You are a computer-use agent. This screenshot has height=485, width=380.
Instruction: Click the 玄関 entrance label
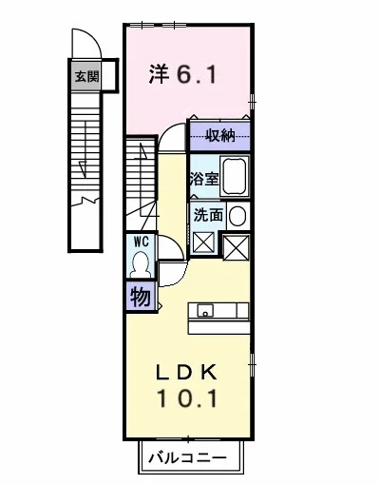(x=86, y=77)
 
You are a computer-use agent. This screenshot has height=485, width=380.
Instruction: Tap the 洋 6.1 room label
(x=182, y=74)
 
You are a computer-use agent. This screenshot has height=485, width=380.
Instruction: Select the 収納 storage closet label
(x=220, y=136)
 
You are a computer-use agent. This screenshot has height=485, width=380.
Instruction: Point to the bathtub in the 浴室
(x=235, y=176)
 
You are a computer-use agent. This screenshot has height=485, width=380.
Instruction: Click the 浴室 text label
(x=204, y=179)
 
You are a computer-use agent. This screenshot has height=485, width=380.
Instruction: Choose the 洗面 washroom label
(x=208, y=215)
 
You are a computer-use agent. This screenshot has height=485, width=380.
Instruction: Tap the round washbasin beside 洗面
(x=237, y=216)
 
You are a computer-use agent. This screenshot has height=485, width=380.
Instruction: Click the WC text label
(x=142, y=242)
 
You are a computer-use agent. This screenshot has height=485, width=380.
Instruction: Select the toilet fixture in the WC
(x=141, y=264)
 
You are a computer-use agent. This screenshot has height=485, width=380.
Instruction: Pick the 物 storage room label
(x=141, y=297)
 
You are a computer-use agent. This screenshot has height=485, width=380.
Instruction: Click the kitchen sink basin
(x=205, y=310)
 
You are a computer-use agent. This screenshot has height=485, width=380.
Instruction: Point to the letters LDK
(x=187, y=372)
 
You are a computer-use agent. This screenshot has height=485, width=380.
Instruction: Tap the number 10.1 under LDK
(x=187, y=398)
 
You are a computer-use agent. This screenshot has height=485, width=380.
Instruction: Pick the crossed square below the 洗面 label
(x=203, y=242)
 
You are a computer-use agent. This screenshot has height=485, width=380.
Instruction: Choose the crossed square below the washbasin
(x=236, y=247)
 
